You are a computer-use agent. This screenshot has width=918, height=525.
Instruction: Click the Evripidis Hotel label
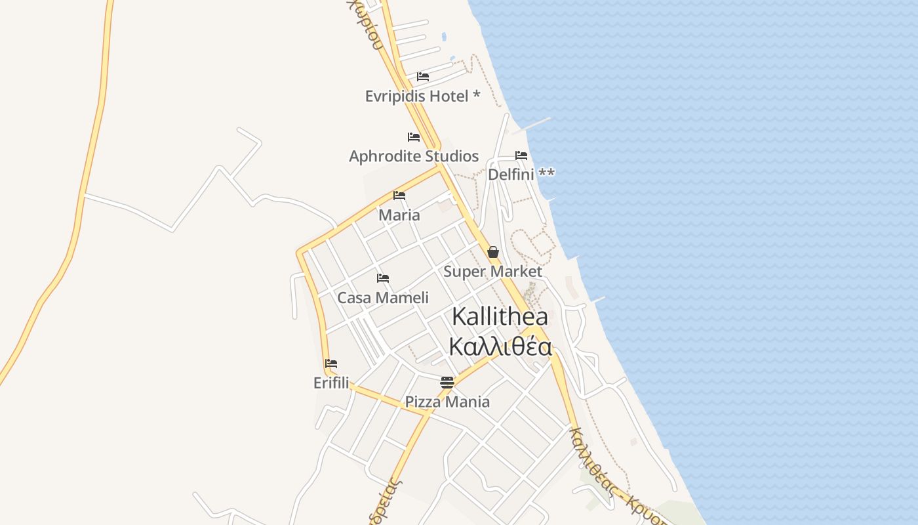(x=422, y=96)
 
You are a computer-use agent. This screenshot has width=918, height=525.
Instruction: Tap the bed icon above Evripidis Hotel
(x=423, y=77)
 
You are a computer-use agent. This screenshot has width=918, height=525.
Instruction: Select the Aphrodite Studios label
(x=414, y=156)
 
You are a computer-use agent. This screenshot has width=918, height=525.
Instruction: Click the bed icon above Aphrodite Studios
(x=414, y=137)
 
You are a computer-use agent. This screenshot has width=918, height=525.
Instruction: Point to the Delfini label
(x=521, y=174)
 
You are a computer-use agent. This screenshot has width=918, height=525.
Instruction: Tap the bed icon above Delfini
(x=521, y=156)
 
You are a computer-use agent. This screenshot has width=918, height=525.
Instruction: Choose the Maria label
(x=399, y=215)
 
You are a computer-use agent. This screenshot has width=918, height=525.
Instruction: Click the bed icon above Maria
(x=399, y=196)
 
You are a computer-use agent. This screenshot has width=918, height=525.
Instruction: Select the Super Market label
(x=493, y=271)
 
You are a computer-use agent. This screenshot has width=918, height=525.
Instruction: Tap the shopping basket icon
(x=493, y=252)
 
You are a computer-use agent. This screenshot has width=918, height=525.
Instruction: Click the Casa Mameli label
(x=383, y=297)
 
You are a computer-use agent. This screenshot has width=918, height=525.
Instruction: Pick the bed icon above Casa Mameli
(x=383, y=278)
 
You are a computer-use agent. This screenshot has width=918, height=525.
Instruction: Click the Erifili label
(x=331, y=383)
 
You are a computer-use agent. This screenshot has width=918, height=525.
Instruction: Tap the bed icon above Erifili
(x=331, y=364)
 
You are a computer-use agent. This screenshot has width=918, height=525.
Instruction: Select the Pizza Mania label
(x=447, y=402)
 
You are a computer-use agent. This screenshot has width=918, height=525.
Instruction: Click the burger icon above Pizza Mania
(x=447, y=382)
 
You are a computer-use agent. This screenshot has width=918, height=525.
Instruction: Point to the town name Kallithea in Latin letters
(x=500, y=316)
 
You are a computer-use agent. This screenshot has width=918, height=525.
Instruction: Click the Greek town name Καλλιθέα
(x=500, y=346)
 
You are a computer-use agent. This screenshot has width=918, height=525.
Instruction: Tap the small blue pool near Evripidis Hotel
(x=444, y=37)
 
